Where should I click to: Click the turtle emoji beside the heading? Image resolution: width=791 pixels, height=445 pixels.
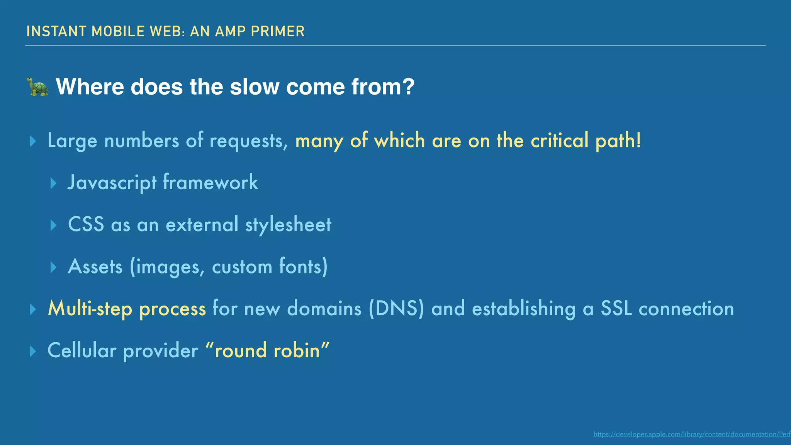[38, 87]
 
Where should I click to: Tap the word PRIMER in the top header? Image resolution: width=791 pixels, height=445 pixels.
[278, 31]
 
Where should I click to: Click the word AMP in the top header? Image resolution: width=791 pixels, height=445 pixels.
[231, 31]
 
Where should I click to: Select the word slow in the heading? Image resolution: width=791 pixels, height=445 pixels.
[255, 87]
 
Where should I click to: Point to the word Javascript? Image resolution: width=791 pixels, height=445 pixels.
[112, 182]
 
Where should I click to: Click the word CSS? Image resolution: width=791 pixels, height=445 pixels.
[86, 224]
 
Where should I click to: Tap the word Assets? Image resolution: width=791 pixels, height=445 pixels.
[95, 267]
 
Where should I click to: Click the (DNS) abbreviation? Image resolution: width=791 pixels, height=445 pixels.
[396, 309]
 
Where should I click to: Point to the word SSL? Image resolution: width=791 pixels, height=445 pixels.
[616, 309]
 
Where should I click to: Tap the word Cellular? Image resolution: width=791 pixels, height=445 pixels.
[82, 350]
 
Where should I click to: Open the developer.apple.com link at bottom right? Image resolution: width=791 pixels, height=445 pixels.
[692, 434]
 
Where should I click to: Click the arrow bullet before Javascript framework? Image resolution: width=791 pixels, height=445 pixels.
[54, 183]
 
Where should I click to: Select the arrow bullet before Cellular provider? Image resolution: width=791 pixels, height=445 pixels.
[33, 351]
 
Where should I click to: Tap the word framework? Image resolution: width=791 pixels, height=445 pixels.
[210, 182]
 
